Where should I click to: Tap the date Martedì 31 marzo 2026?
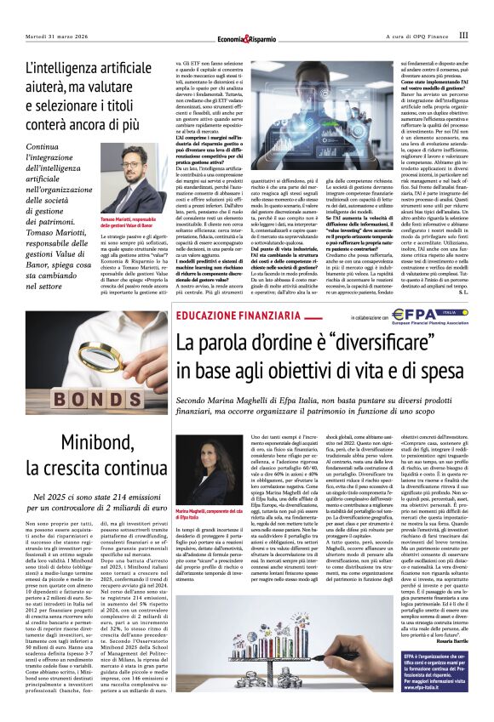[59, 36]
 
